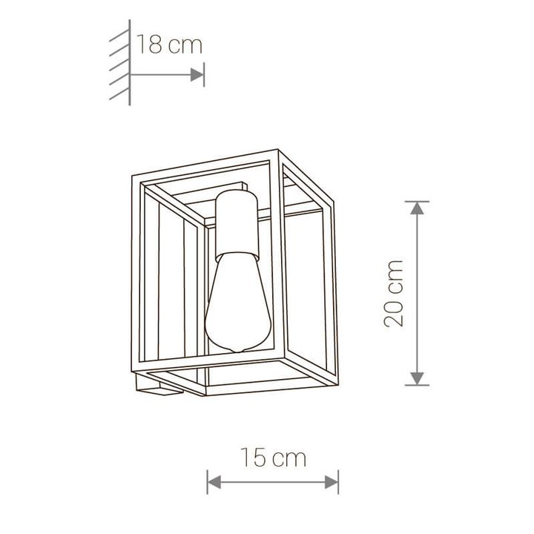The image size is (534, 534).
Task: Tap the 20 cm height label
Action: click(x=394, y=293)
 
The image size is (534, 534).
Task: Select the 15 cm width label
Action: click(x=272, y=458)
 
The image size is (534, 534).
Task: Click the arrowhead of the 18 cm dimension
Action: click(x=197, y=74)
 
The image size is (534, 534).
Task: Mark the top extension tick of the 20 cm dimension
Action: click(x=418, y=201)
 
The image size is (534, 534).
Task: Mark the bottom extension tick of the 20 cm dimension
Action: click(x=418, y=386)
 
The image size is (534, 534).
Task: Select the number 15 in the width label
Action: click(x=252, y=458)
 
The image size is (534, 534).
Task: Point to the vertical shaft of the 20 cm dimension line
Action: click(x=418, y=293)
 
